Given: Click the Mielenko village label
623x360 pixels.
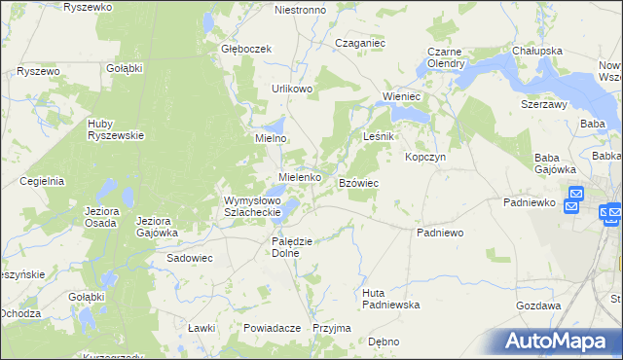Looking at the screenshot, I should tap(300, 177).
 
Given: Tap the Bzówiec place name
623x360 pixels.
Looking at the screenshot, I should tap(358, 183).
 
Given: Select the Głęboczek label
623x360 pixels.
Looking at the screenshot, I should tap(244, 49).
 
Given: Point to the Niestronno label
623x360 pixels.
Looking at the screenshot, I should tap(300, 10).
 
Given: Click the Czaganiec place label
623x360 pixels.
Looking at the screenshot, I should tap(360, 43).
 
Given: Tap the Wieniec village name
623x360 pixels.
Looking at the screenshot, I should tap(401, 97).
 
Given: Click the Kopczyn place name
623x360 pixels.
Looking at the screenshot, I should tap(425, 157).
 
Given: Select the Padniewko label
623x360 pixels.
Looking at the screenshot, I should tap(529, 202).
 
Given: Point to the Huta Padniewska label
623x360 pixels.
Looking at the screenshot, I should tap(389, 298).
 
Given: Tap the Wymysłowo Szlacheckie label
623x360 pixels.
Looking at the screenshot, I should tap(252, 206).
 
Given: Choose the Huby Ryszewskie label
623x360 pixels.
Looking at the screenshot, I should tap(116, 129).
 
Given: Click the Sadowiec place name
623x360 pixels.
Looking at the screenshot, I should tap(190, 259).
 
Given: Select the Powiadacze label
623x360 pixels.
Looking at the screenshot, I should tap(272, 328).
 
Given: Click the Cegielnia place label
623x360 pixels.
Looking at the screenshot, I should tap(41, 180).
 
